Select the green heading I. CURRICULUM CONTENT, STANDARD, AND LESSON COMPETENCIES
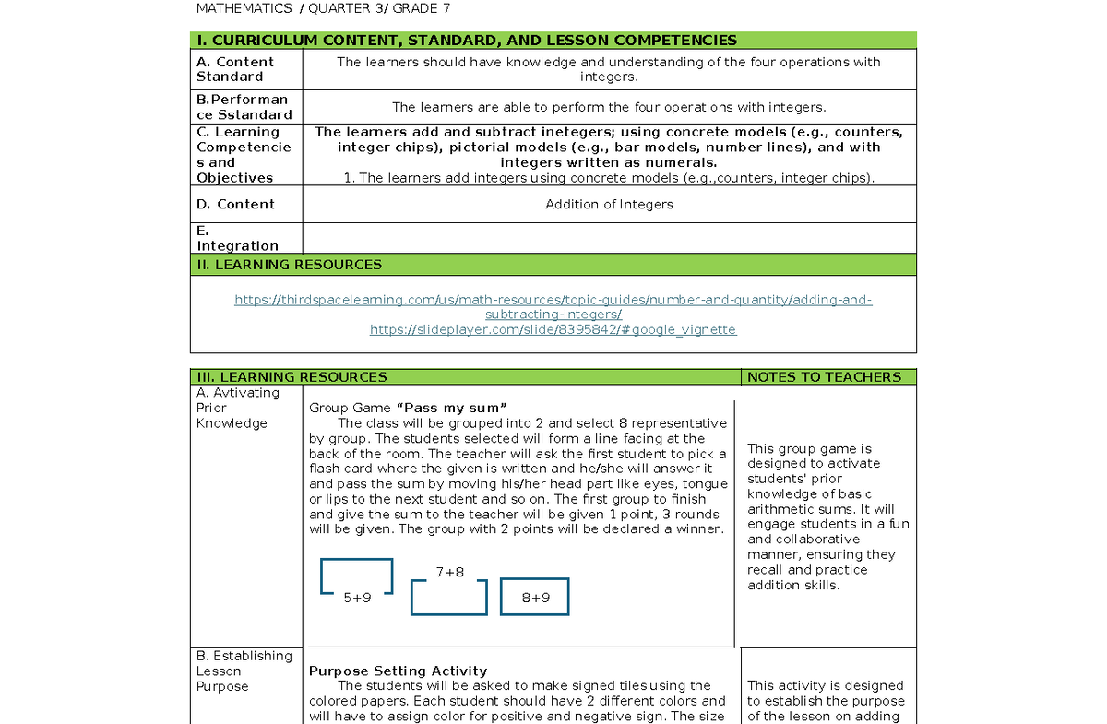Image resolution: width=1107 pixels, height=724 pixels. [467, 40]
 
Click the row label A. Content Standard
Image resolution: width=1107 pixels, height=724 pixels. [235, 69]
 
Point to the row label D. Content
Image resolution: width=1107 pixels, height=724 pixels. [235, 204]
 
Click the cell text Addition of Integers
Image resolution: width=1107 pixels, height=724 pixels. [609, 204]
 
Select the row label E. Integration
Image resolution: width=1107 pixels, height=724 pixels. [237, 238]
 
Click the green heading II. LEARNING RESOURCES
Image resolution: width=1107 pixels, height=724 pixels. [290, 265]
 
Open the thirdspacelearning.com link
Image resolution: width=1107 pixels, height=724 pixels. [553, 307]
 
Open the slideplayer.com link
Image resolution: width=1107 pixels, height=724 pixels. [553, 329]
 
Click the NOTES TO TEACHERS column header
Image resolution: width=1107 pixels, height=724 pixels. [824, 377]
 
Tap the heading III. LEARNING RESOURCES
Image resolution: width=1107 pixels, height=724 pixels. [291, 377]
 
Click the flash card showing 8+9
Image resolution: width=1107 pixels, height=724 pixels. [535, 597]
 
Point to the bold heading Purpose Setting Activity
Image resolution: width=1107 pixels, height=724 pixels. [398, 671]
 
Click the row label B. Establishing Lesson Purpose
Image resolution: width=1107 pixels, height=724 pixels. [244, 671]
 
